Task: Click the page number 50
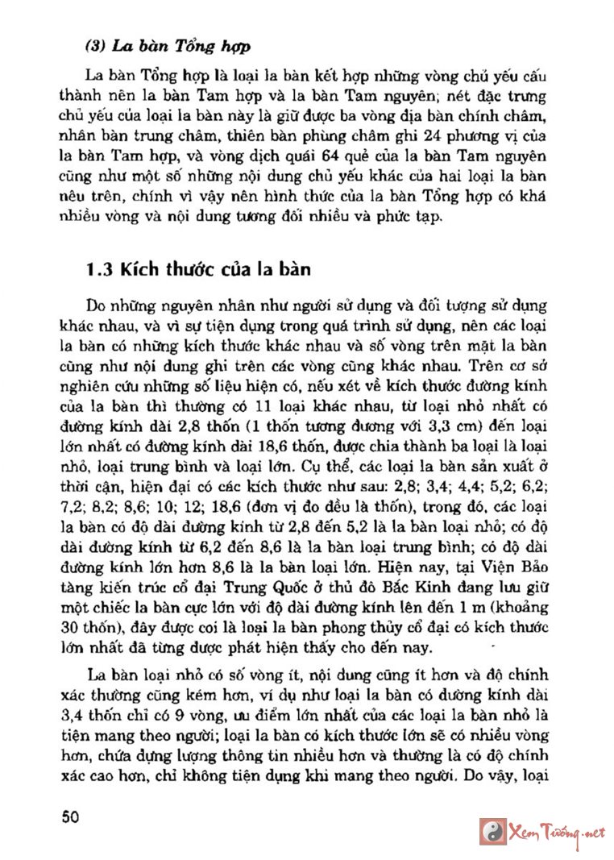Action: click(70, 816)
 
